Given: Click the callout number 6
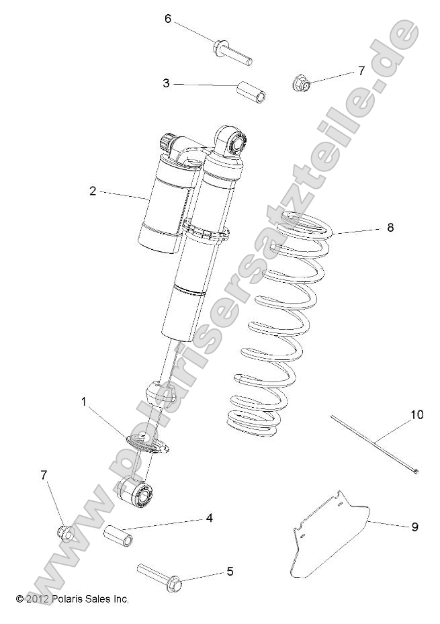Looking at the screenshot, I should tap(169, 19).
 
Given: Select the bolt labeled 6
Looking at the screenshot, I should tap(232, 54).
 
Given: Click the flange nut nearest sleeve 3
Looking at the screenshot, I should tap(301, 84).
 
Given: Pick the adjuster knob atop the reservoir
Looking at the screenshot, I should tap(167, 143).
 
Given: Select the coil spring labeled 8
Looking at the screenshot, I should tap(275, 322).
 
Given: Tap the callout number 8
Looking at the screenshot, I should tap(390, 228).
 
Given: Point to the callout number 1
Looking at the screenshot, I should tap(84, 402).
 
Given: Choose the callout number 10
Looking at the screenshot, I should tap(417, 414).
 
